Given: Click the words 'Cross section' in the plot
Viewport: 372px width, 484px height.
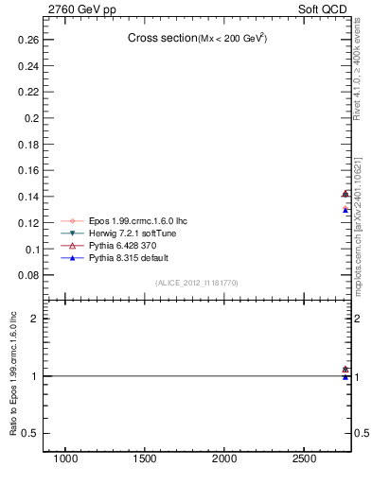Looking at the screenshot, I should coord(161,38).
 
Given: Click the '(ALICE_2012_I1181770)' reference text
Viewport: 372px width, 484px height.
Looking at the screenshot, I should coord(197,283).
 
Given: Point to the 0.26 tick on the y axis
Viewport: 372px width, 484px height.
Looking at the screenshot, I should coord(26,41).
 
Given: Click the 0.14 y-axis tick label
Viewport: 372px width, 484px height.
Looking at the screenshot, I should coord(26,197).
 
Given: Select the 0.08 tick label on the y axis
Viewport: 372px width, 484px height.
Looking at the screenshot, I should coord(26,275).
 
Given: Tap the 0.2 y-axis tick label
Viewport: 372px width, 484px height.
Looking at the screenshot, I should coord(29,118).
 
